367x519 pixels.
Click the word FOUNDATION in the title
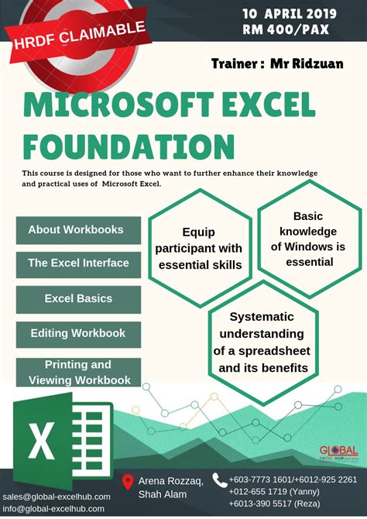[x=129, y=145]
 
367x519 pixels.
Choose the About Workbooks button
[x=76, y=230]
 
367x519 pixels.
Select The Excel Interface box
[x=78, y=263]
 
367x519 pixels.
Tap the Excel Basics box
[x=78, y=298]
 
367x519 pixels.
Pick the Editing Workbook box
[x=78, y=334]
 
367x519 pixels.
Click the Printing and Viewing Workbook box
[x=78, y=373]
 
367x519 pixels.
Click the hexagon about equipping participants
[x=198, y=248]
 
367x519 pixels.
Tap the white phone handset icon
[x=219, y=481]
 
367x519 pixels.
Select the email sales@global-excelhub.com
[x=57, y=496]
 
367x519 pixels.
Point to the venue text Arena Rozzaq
[x=170, y=482]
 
